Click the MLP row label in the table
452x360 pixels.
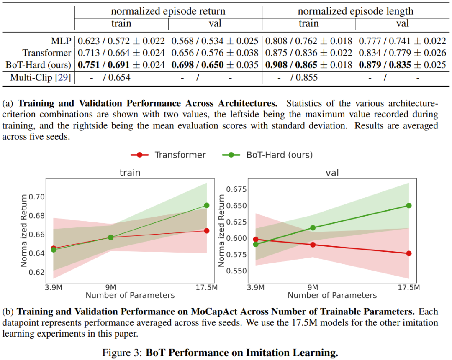coord(59,41)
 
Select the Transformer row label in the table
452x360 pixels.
coord(47,53)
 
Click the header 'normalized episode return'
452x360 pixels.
coord(168,11)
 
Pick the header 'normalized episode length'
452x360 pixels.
coord(355,11)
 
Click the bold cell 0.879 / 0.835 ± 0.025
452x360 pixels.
coord(403,65)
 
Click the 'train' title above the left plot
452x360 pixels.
coord(130,173)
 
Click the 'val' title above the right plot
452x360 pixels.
coord(332,173)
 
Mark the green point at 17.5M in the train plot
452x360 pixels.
coord(207,205)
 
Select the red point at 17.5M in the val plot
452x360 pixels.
coord(408,253)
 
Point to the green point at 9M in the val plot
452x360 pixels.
coord(313,228)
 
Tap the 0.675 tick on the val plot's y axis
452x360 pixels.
coord(237,189)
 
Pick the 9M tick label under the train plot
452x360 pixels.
coord(111,288)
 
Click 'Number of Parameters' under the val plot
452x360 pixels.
coord(332,295)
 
